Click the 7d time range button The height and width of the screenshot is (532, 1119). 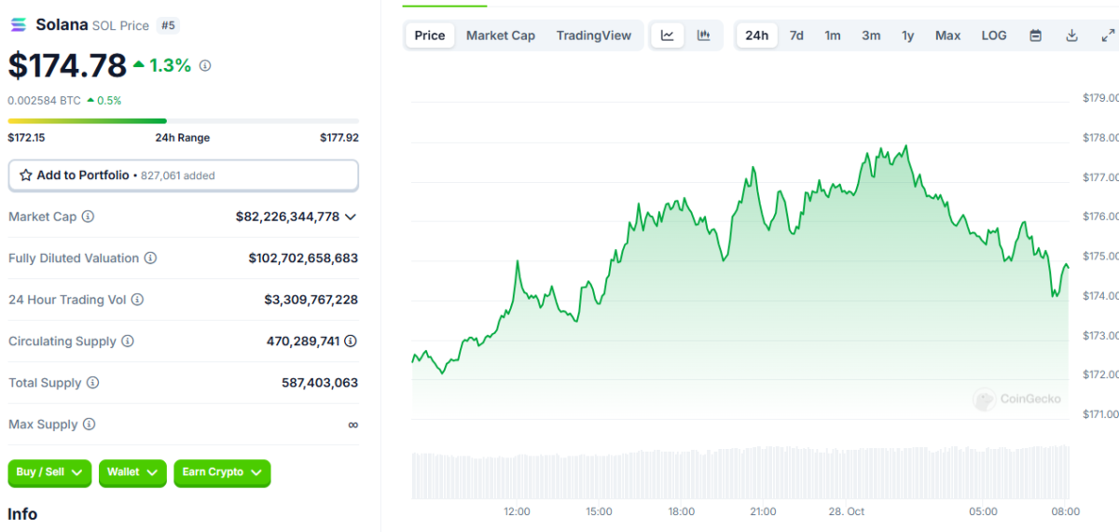point(796,35)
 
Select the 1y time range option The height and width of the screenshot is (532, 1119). point(907,35)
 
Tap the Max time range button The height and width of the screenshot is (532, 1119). point(947,35)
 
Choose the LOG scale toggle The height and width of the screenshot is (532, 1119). point(994,35)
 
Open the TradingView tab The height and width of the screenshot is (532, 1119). point(593,35)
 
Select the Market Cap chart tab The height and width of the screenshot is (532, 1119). point(501,35)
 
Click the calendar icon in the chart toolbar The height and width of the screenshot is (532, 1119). point(1036,35)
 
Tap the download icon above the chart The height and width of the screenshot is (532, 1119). point(1071,35)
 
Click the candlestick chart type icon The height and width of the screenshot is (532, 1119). point(703,35)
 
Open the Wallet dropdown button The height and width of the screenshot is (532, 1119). point(132,472)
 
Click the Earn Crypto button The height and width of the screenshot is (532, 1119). point(222,472)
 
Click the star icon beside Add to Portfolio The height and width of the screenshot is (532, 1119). point(26,175)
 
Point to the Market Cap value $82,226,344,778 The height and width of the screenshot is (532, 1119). point(287,217)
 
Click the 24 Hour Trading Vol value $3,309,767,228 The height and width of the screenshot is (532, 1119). point(311,300)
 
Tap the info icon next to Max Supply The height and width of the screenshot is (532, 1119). point(89,424)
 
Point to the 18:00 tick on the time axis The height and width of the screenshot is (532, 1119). point(682,511)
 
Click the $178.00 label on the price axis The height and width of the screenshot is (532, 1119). point(1100,137)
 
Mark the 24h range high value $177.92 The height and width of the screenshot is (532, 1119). point(339,137)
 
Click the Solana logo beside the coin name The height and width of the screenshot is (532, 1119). point(19,24)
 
